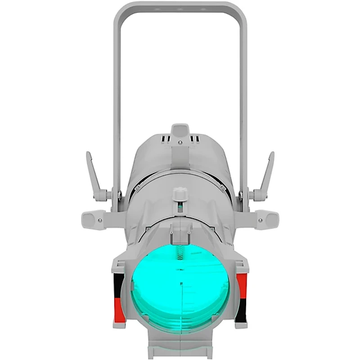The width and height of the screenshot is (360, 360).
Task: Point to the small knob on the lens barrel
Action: (180, 194)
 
